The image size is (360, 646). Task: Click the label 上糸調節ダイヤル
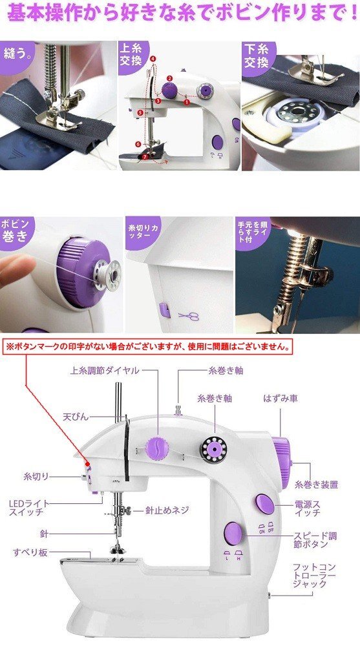pos(105,370)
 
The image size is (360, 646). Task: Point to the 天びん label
pos(76,417)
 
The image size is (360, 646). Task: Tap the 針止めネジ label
pos(167,510)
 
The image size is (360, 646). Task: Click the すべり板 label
pos(30,552)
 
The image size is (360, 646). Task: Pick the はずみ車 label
pos(281,399)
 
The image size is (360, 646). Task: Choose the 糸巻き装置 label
pos(316,484)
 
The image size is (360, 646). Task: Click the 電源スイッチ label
pos(307,508)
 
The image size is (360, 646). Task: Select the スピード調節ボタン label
pos(315,540)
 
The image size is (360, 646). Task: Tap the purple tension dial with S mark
pos(157,448)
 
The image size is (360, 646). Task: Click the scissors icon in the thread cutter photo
pos(189,316)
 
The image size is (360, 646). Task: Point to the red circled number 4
pos(153,59)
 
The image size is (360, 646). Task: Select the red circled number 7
pos(144,157)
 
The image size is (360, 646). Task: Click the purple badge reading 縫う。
pos(17,54)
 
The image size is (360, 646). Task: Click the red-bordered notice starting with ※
pos(148,346)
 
